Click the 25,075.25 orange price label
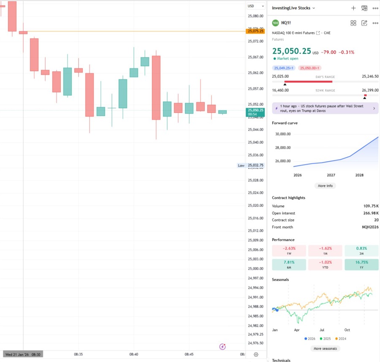pos(256,31)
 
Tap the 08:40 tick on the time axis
pos(134,354)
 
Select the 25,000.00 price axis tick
pos(256,269)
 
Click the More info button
pos(325,186)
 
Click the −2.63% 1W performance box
pos(289,251)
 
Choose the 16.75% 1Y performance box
pos(361,264)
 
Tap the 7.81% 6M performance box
pos(289,264)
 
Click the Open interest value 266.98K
pos(371,213)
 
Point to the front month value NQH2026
pos(370,227)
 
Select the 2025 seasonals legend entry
pos(325,339)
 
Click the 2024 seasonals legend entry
pos(340,339)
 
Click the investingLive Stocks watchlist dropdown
pos(293,8)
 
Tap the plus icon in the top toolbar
pos(353,8)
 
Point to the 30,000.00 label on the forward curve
pos(283,134)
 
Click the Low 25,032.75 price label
pos(252,166)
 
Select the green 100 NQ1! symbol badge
pos(275,23)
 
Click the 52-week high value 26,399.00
pos(370,90)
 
